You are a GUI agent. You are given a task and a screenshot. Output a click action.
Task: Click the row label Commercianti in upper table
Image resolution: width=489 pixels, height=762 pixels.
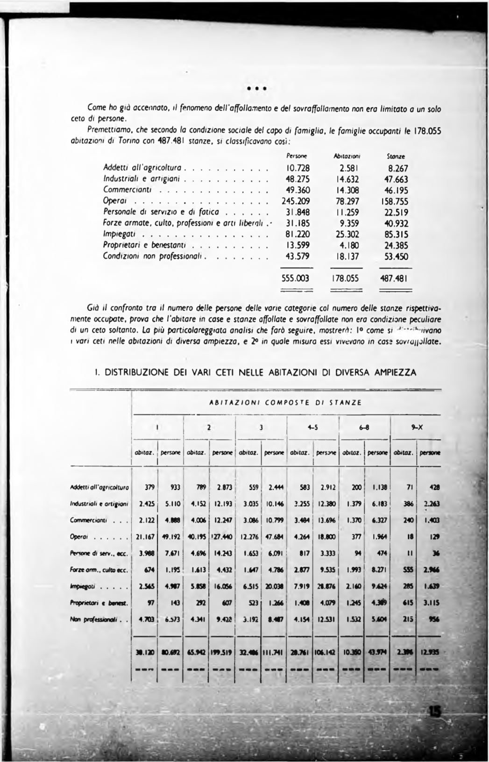[129, 190]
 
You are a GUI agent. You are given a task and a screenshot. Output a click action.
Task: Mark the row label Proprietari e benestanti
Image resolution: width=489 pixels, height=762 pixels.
[145, 245]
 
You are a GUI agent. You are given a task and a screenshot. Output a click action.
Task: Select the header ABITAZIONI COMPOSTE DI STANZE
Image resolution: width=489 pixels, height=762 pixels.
[284, 402]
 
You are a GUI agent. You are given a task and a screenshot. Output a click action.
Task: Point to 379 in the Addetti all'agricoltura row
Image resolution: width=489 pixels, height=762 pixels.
[149, 487]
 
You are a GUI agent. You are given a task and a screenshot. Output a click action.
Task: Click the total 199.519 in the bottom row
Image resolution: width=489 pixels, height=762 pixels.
[224, 651]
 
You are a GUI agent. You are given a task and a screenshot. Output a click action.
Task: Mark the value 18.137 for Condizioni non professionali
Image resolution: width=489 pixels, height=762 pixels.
[347, 256]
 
